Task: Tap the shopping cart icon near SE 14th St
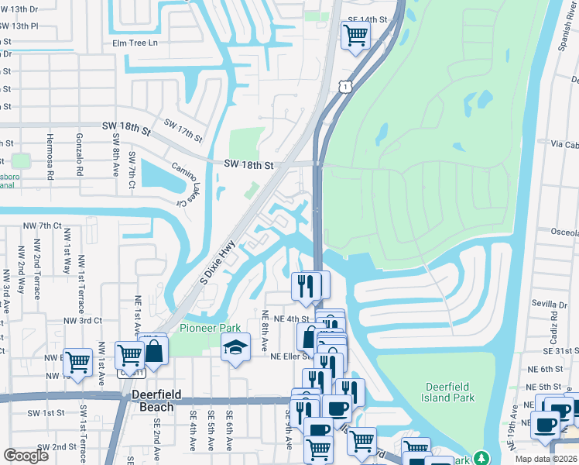[355, 34]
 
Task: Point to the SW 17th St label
[183, 130]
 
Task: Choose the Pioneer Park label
[205, 329]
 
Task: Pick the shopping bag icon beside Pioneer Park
[154, 351]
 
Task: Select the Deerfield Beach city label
[156, 394]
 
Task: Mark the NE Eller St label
[291, 356]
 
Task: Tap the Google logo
[26, 456]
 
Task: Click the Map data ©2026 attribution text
[546, 459]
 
